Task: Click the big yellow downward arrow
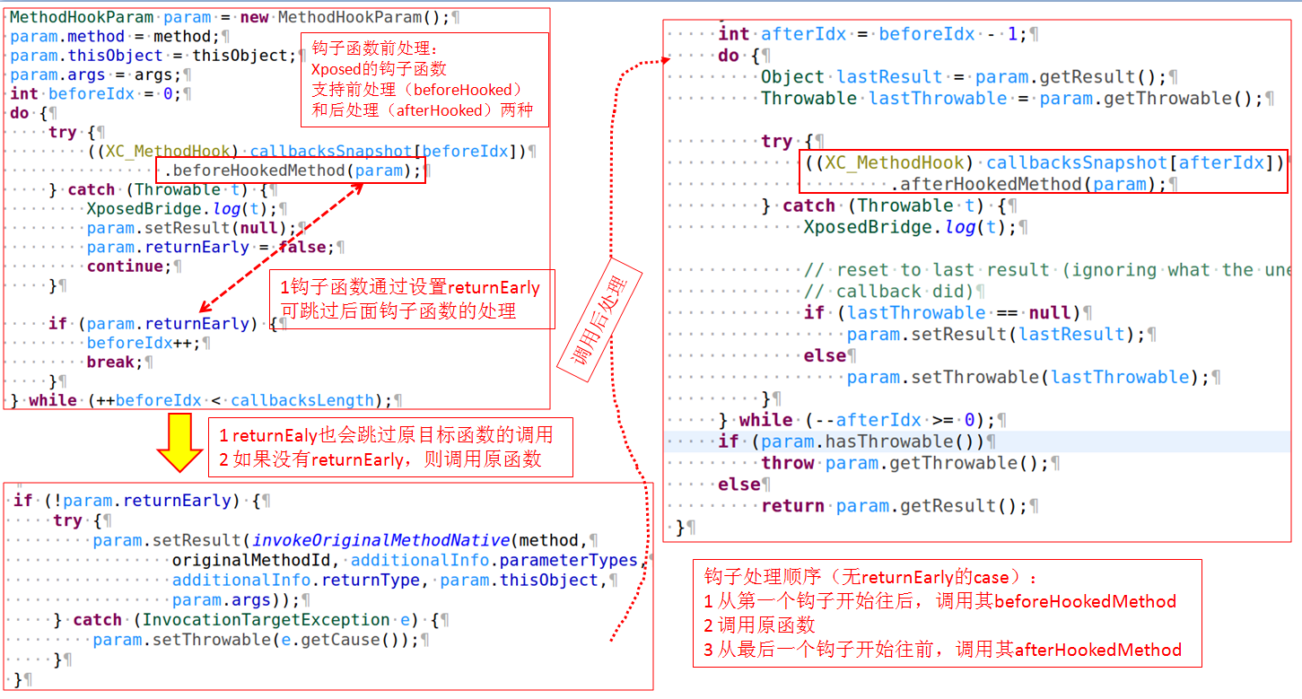point(179,442)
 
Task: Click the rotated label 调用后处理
point(599,320)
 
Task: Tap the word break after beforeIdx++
point(110,363)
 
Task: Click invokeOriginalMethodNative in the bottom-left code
point(381,540)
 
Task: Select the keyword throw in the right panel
point(788,463)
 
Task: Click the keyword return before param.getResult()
point(793,506)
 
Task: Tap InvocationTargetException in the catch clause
point(266,620)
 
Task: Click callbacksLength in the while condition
point(302,400)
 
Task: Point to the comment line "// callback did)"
point(888,292)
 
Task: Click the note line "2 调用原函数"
point(759,625)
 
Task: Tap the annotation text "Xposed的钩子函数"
point(379,69)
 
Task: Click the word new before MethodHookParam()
point(255,17)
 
